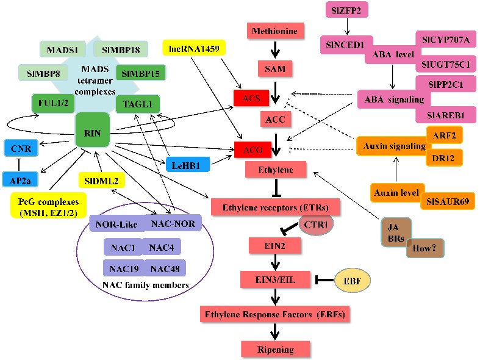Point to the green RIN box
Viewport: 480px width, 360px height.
coord(92,129)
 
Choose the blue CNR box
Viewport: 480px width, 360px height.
coord(21,148)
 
